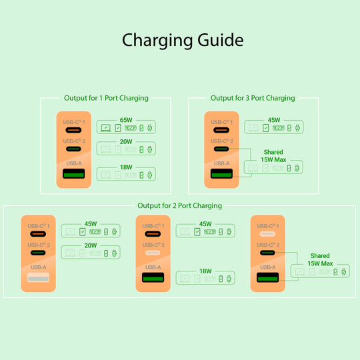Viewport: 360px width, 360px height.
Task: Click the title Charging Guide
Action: tap(182, 40)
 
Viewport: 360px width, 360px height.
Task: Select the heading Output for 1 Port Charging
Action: tap(106, 98)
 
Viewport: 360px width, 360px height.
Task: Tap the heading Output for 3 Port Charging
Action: tap(253, 98)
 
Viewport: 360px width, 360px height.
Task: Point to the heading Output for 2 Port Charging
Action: tap(179, 205)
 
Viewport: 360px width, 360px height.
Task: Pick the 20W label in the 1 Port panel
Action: tap(126, 141)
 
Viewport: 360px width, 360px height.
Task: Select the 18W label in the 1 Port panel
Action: tap(126, 167)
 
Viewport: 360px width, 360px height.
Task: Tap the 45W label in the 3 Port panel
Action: tap(273, 120)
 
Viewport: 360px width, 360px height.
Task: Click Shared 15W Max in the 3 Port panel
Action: tap(273, 156)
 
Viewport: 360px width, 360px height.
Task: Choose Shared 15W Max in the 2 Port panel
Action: tap(320, 259)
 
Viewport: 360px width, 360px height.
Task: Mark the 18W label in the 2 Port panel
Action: tap(205, 271)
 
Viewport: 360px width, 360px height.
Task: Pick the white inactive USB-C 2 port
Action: tap(153, 254)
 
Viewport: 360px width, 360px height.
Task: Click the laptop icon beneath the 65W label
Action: tap(106, 127)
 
